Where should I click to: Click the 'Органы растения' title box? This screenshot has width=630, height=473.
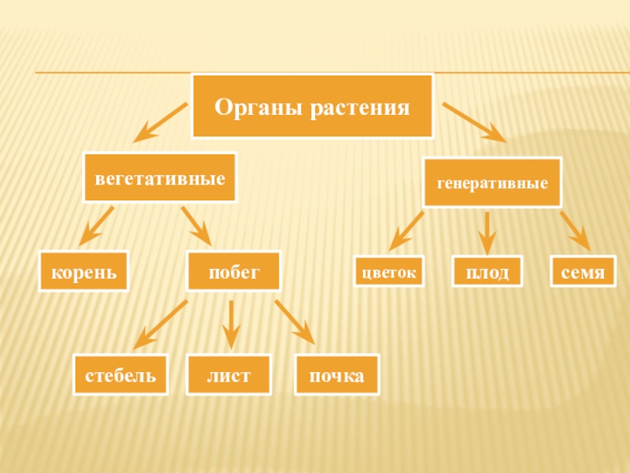[313, 106]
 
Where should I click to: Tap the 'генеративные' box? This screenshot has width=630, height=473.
[492, 183]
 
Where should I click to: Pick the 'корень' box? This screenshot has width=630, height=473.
[84, 272]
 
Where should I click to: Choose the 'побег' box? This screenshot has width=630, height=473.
[233, 272]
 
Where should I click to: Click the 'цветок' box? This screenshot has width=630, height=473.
[388, 272]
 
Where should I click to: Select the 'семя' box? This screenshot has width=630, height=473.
[584, 272]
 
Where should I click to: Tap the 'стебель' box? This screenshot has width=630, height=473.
[120, 375]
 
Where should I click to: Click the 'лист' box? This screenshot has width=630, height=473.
[228, 375]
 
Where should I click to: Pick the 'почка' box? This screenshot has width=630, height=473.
[336, 375]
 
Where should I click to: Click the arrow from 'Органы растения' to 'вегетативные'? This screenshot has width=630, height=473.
[162, 122]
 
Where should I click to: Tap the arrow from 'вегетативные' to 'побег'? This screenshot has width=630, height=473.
[196, 225]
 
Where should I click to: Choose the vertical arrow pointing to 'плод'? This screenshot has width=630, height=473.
[487, 230]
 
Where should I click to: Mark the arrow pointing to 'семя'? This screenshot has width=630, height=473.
[574, 230]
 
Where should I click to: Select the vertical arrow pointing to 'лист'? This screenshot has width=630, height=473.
[231, 323]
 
